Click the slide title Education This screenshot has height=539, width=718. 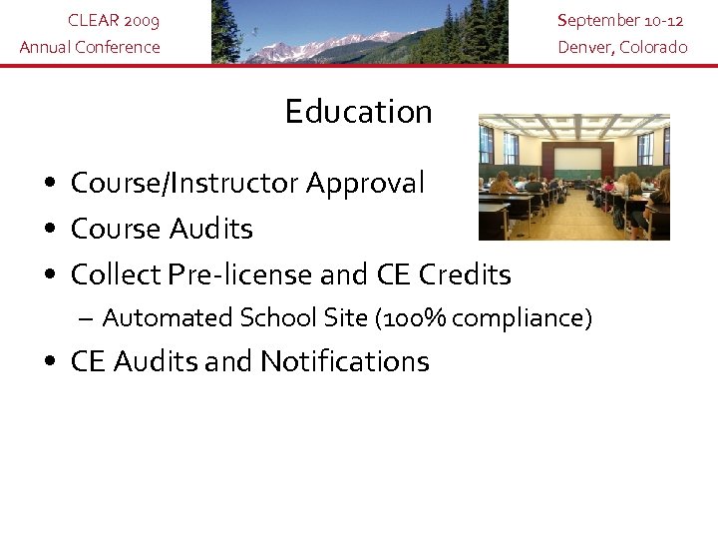tap(358, 112)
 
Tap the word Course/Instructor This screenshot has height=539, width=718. tap(184, 184)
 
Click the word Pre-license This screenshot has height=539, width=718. tap(254, 273)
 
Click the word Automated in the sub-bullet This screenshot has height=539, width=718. tap(168, 318)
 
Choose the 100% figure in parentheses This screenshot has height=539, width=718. tap(409, 318)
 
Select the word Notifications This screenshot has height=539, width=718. tap(344, 361)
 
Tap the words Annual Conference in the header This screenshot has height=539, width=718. tap(90, 47)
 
